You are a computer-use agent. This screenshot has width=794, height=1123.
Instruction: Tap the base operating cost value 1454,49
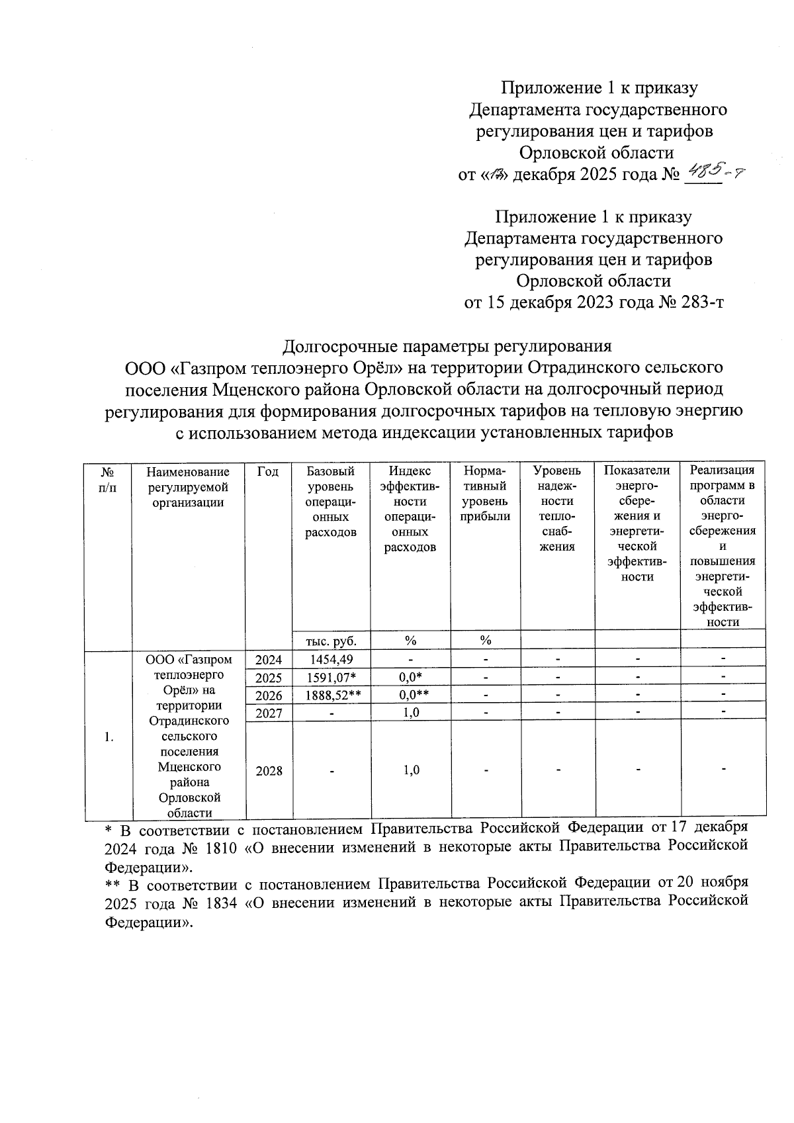(331, 659)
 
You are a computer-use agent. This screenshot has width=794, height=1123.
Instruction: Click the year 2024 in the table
(269, 660)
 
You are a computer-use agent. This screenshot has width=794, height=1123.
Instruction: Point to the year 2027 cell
(269, 713)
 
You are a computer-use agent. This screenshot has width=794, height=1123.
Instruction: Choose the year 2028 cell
(269, 770)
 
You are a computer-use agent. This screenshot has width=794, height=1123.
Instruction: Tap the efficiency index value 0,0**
(411, 695)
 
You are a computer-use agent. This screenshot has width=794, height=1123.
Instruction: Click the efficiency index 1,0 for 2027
(411, 713)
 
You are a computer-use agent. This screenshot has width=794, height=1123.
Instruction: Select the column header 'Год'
(268, 472)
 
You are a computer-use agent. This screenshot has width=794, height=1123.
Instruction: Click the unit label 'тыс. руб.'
(331, 641)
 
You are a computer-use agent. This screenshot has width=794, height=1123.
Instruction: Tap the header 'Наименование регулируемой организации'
(188, 487)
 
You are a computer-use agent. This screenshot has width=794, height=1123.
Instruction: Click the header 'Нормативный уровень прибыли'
(485, 494)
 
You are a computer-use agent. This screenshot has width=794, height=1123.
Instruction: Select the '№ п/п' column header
(108, 479)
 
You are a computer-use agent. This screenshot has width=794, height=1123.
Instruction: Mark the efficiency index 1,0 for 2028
(411, 770)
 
